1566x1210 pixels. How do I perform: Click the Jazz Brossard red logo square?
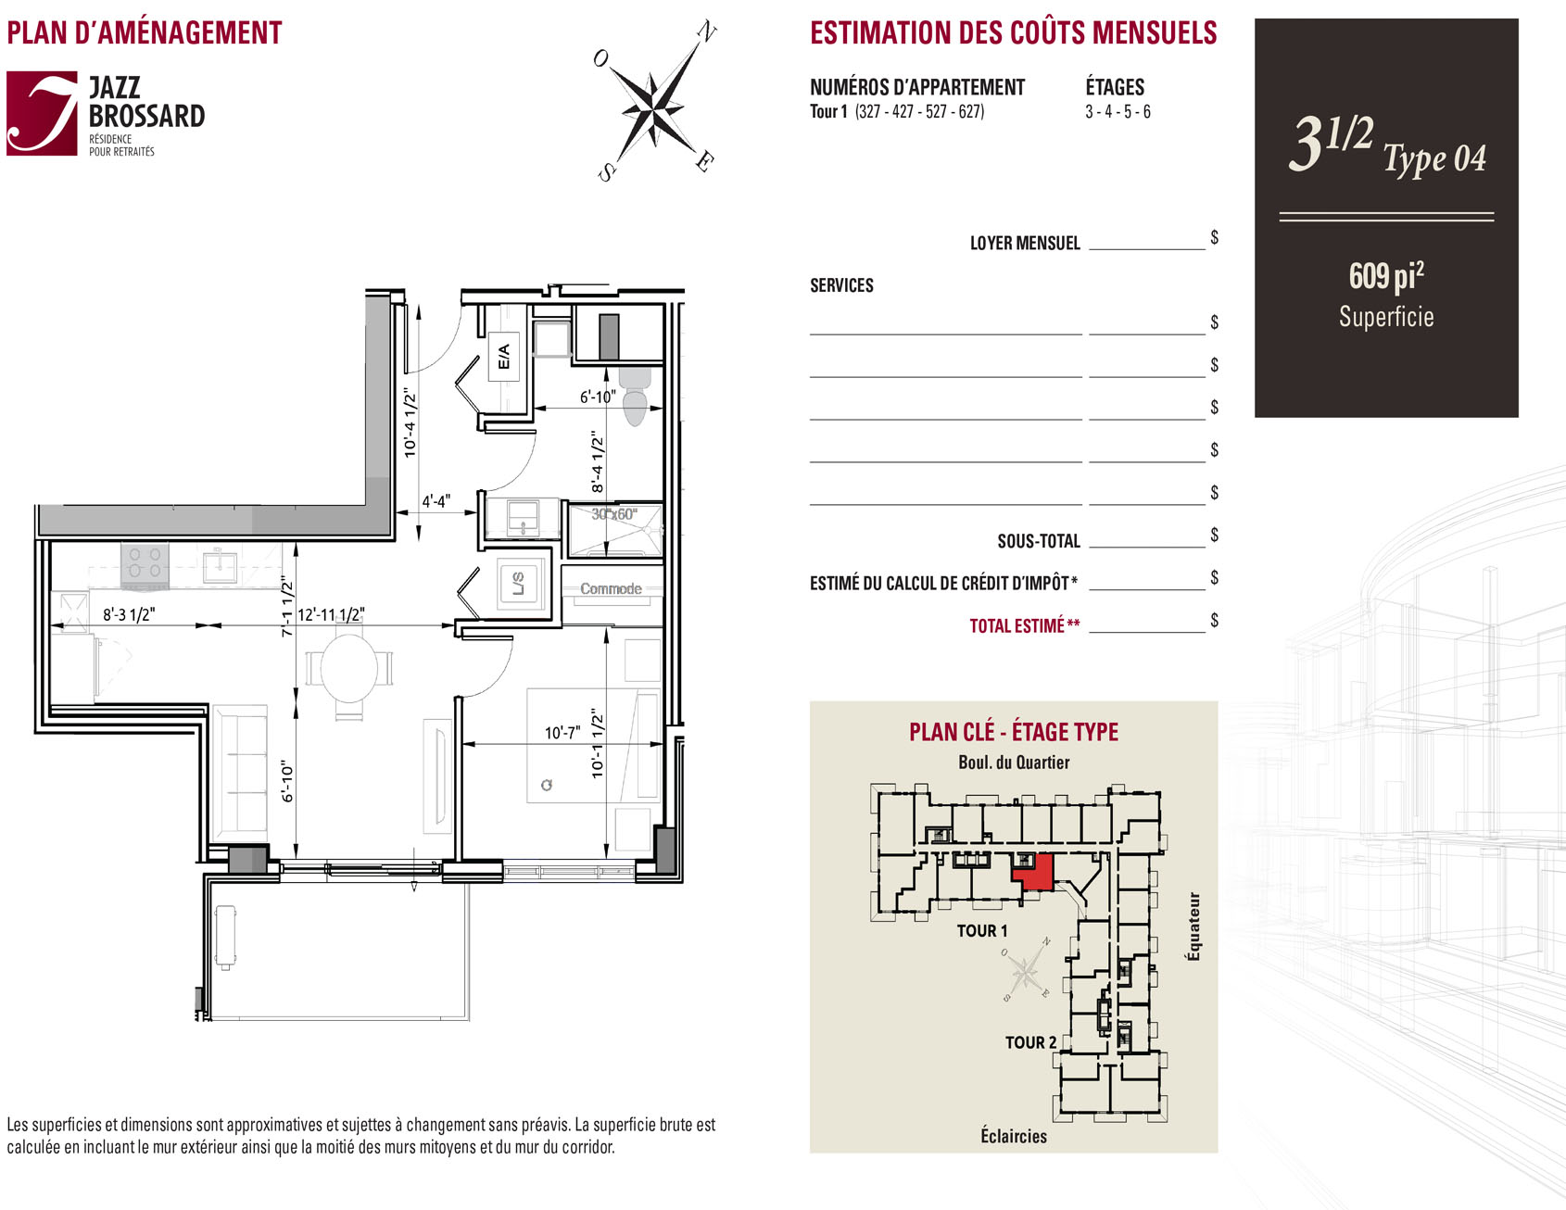[42, 113]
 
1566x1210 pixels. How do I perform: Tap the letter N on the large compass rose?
[706, 32]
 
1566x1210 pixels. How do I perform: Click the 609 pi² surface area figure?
[1386, 276]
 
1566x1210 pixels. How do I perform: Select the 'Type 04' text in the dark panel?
[1434, 159]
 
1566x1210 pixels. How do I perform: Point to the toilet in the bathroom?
[635, 395]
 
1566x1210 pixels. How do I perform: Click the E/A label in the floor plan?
[503, 356]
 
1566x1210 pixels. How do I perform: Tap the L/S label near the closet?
[518, 584]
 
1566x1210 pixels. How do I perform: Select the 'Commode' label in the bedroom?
[611, 588]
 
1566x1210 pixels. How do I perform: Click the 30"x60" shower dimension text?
[613, 514]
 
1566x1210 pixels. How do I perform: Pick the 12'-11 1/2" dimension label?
[331, 614]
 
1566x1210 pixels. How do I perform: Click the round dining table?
[349, 667]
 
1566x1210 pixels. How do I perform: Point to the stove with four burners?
[145, 564]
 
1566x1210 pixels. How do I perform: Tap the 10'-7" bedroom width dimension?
[562, 733]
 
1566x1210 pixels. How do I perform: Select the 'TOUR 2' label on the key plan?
[1030, 1042]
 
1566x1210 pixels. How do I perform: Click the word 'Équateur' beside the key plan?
[1193, 926]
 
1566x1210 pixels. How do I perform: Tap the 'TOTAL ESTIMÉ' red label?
[1024, 625]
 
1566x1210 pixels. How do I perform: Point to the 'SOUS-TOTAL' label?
[1039, 541]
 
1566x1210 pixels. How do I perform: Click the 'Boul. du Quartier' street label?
[1014, 763]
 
